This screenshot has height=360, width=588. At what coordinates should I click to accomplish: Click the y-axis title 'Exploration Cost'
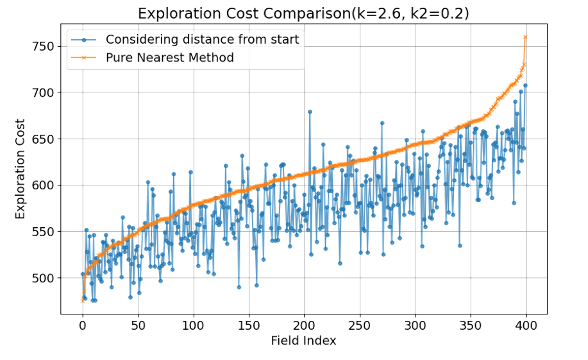click(21, 169)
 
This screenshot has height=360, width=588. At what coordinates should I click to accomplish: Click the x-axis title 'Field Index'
click(303, 341)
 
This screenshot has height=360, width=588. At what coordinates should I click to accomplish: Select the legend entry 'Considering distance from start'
click(202, 40)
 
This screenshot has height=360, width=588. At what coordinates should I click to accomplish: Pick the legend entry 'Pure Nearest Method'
click(169, 58)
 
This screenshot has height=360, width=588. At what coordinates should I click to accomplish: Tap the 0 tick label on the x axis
click(83, 325)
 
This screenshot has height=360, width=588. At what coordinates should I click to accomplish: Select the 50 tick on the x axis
click(138, 325)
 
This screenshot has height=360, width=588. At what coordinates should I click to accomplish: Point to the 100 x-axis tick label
click(193, 325)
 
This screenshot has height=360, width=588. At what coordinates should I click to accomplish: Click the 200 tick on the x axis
click(304, 325)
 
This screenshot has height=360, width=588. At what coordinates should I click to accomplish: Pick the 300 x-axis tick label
click(415, 325)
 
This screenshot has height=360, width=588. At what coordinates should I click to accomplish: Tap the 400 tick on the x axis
click(525, 325)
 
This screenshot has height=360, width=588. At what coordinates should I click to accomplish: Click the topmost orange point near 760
click(525, 37)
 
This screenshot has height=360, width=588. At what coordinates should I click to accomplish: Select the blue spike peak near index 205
click(310, 112)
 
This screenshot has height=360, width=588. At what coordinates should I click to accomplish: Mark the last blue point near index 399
click(525, 85)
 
